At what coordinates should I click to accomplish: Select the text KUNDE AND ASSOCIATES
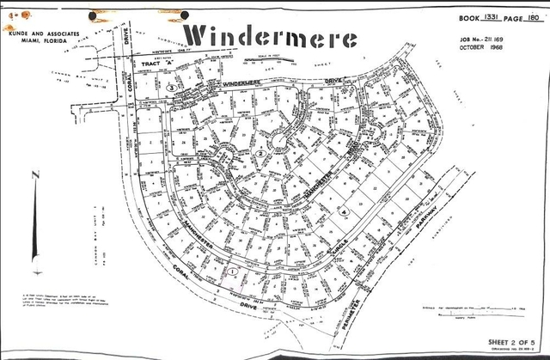(41, 27)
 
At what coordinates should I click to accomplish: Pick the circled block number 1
(232, 271)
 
